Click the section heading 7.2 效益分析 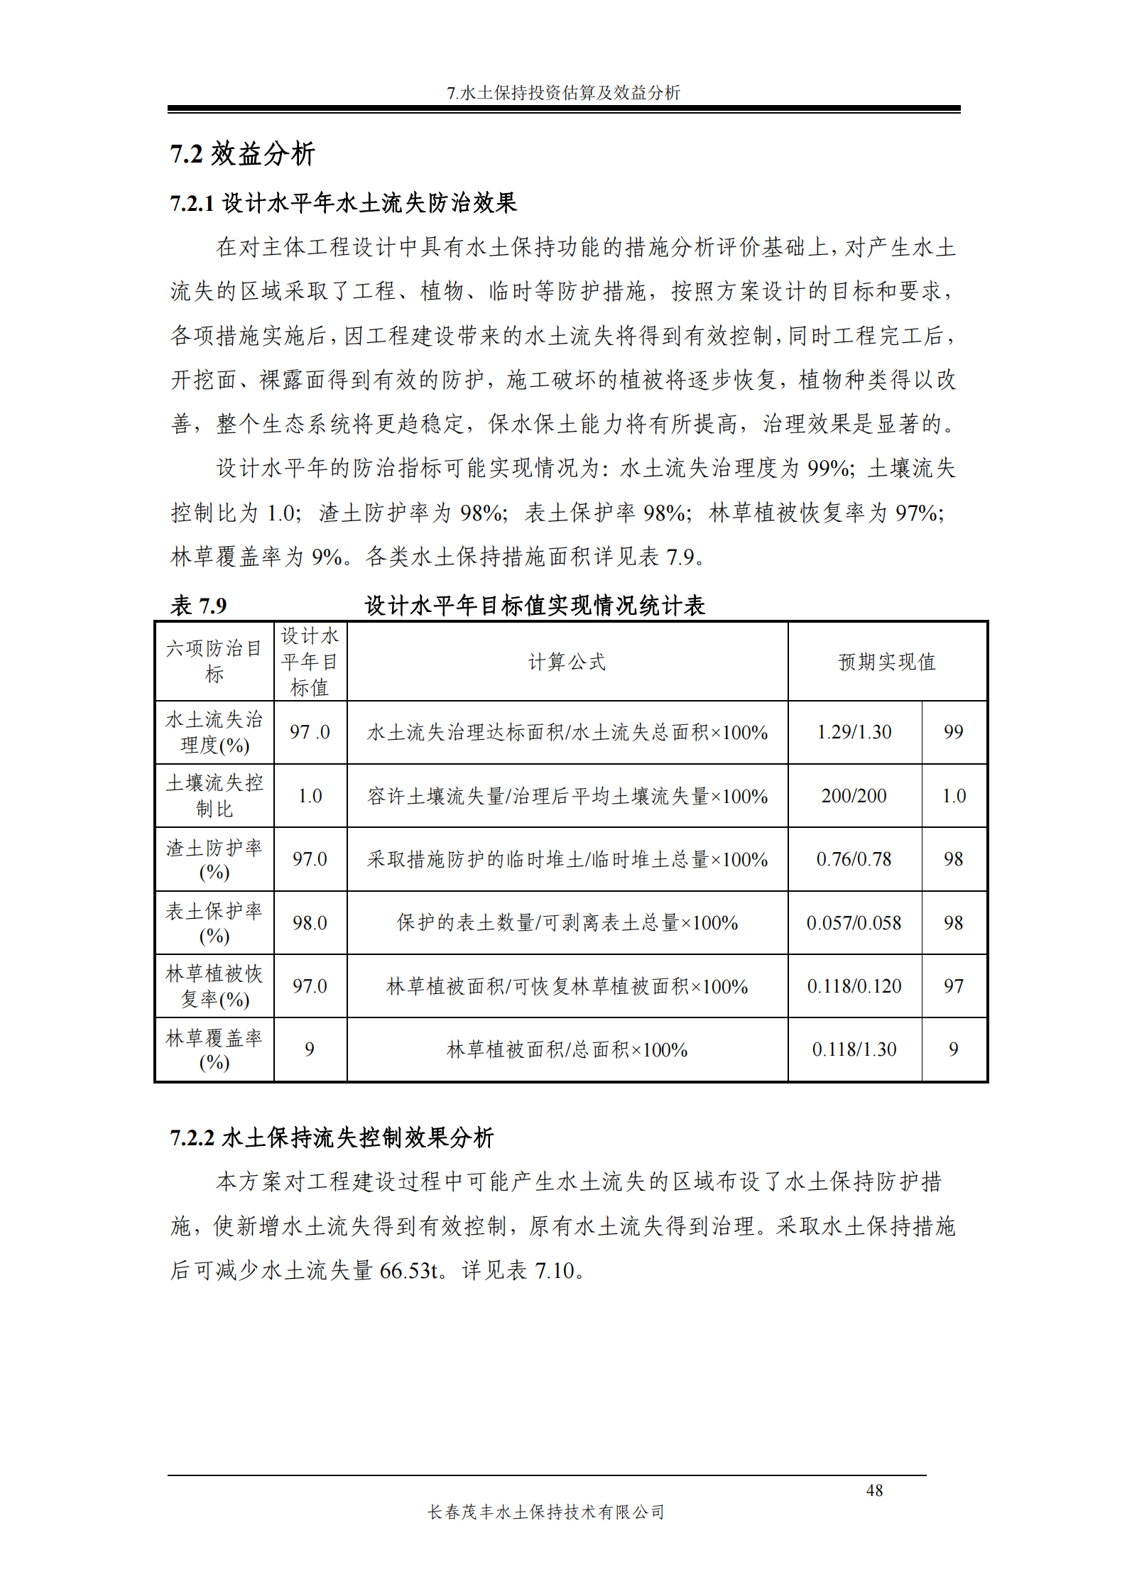242,154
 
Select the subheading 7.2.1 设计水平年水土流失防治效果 343,204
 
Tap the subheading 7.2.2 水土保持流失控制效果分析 332,1137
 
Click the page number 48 874,1490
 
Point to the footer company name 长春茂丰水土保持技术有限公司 546,1512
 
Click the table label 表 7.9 199,606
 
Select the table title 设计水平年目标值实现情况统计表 535,606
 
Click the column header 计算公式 567,662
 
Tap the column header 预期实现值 887,662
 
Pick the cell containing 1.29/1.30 854,732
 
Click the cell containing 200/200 854,796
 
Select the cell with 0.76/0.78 854,859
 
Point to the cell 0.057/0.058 854,923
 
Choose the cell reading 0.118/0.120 854,986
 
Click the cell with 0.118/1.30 854,1049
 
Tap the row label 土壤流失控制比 214,796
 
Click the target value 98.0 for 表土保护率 310,923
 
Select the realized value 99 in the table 954,732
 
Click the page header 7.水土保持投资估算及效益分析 563,93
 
